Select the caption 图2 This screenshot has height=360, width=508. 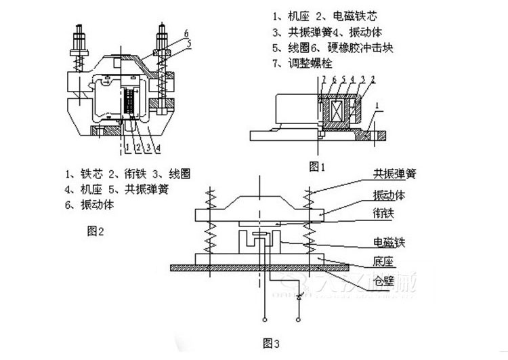click(96, 231)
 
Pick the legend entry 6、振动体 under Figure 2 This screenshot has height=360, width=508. click(94, 203)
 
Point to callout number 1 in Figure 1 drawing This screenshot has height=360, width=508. click(379, 106)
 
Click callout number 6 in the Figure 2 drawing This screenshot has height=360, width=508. click(186, 32)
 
